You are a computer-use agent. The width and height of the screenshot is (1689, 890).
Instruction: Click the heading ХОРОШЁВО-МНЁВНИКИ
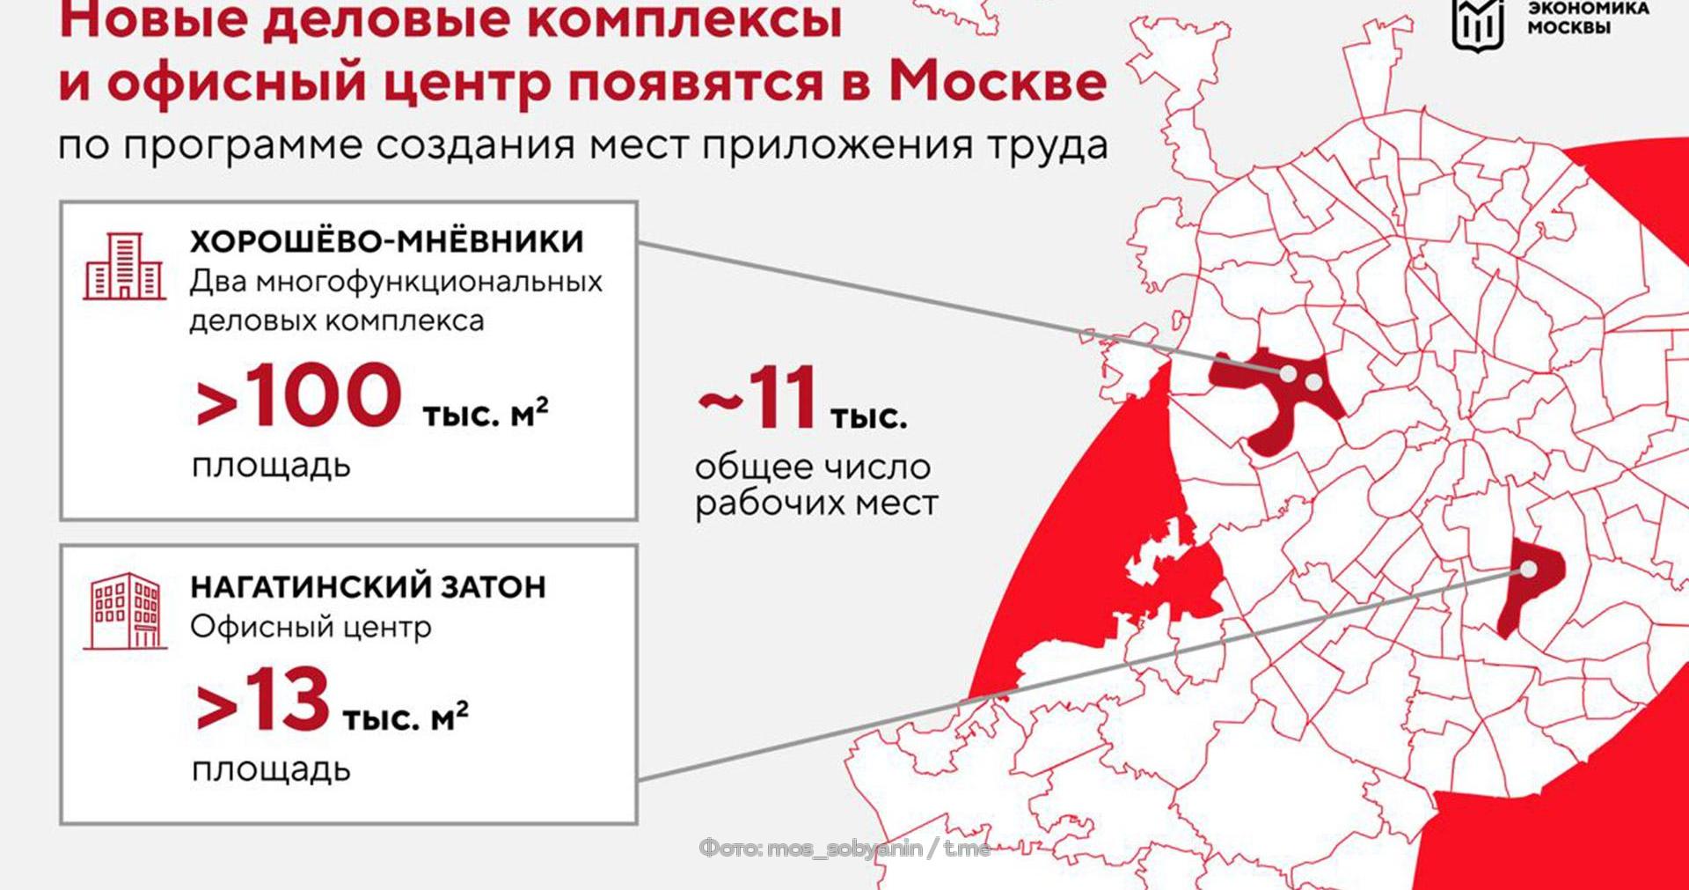pos(386,241)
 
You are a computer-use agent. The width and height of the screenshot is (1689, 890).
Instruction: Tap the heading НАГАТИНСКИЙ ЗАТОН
pos(368,586)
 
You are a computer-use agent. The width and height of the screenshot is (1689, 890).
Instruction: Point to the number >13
pos(263,701)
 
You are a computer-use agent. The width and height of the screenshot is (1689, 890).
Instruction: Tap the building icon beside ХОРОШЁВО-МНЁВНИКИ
pos(124,267)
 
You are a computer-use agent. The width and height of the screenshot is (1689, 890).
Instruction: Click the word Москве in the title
pos(997,82)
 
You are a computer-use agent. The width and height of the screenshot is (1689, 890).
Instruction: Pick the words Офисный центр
pos(311,627)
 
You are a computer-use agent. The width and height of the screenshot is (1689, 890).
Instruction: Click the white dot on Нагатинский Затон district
pos(1529,570)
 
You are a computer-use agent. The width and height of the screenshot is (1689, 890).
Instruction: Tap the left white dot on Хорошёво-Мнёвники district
pos(1287,373)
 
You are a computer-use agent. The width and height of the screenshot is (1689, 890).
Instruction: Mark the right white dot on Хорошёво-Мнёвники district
pos(1313,382)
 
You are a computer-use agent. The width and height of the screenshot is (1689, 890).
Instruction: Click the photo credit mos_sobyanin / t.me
pos(844,849)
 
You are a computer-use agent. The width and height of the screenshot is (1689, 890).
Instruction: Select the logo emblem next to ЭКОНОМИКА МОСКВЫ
pos(1477,23)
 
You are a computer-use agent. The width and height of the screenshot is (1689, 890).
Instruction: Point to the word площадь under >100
pos(271,465)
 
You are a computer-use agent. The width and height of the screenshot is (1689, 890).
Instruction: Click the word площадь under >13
pos(271,769)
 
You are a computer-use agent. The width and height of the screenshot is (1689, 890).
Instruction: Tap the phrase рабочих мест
pos(816,504)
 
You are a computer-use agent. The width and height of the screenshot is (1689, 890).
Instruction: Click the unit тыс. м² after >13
pos(405,717)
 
